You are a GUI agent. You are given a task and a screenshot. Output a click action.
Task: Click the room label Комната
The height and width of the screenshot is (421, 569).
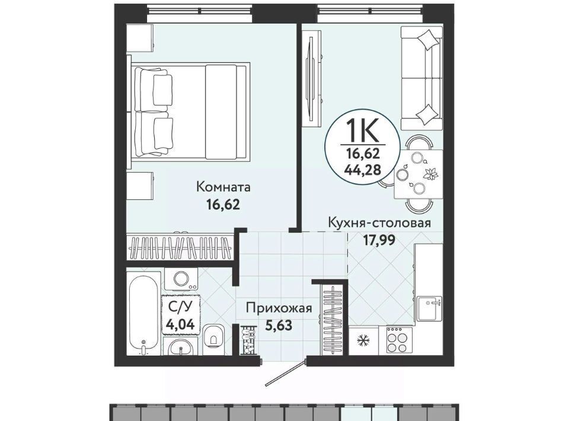223,187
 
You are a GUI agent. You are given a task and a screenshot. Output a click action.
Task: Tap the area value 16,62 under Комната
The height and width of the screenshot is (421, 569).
223,205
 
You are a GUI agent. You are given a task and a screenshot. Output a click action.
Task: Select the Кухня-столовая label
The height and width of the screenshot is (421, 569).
379,223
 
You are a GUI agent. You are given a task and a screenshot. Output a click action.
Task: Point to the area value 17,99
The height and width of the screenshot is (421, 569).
379,240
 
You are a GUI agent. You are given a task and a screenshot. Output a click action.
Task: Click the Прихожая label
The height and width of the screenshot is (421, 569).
279,308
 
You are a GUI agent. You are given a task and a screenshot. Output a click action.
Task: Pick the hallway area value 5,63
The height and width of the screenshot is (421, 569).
279,326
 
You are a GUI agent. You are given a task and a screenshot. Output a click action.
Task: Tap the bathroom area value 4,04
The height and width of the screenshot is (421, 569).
180,323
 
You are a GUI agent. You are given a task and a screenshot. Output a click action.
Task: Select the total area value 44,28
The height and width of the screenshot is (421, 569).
363,170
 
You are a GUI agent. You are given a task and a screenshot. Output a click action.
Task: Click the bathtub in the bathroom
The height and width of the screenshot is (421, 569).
143,314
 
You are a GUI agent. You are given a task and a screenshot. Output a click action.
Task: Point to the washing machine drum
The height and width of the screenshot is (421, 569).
181,279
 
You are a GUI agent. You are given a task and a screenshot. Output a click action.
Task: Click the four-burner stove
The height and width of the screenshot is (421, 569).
397,340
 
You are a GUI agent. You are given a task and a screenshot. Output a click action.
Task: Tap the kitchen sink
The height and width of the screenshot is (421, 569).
430,308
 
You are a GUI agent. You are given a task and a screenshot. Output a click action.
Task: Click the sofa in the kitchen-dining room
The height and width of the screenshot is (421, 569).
421,78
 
